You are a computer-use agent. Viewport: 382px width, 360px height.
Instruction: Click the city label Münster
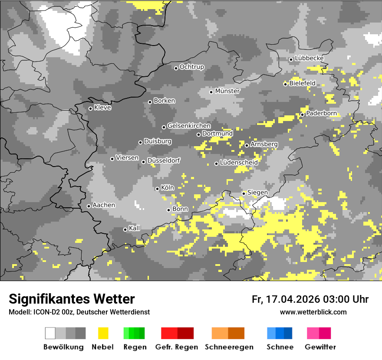pyautogui.click(x=227, y=91)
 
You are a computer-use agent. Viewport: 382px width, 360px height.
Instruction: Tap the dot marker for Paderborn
pyautogui.click(x=303, y=115)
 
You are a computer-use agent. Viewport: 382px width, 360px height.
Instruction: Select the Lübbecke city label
pyautogui.click(x=309, y=58)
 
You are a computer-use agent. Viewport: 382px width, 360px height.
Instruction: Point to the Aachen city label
pyautogui.click(x=104, y=205)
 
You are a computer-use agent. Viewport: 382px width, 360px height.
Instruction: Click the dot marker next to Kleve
pyautogui.click(x=90, y=108)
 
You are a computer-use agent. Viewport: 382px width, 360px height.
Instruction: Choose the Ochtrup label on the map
pyautogui.click(x=191, y=67)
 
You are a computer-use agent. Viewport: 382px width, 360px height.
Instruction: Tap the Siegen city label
pyautogui.click(x=257, y=192)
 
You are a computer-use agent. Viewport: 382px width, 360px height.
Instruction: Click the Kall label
pyautogui.click(x=135, y=228)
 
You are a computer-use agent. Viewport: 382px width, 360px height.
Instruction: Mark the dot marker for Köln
pyautogui.click(x=157, y=189)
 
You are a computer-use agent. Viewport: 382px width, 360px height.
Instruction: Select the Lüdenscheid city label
pyautogui.click(x=239, y=162)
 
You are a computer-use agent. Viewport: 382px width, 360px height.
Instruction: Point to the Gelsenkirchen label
pyautogui.click(x=189, y=126)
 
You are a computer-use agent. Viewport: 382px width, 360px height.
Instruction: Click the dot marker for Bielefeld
pyautogui.click(x=285, y=84)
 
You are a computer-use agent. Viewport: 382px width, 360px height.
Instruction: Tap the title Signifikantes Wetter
pyautogui.click(x=72, y=299)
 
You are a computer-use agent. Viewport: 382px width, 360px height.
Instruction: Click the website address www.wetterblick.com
pyautogui.click(x=313, y=312)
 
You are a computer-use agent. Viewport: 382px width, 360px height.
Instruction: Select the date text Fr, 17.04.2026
pyautogui.click(x=285, y=299)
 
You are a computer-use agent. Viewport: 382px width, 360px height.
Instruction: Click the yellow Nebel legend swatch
pyautogui.click(x=103, y=333)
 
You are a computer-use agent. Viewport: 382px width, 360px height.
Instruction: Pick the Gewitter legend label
pyautogui.click(x=320, y=347)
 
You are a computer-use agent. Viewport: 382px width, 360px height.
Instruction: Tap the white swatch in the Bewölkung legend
pyautogui.click(x=50, y=333)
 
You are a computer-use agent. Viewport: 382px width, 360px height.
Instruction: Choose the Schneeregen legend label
pyautogui.click(x=229, y=347)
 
